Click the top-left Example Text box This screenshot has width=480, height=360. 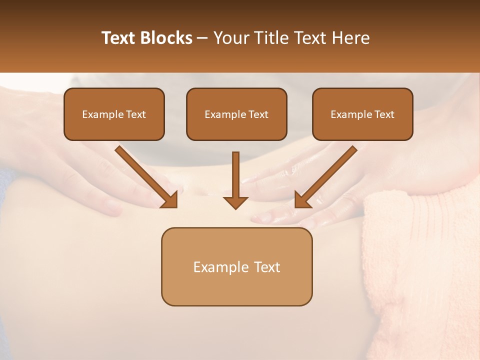tap(114, 114)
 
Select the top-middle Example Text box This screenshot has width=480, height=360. tap(236, 114)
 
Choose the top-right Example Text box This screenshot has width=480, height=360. tap(362, 114)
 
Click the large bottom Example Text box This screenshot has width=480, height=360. tap(236, 266)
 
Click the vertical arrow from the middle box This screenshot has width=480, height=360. tap(235, 175)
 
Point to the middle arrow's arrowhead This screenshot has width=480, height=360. tap(235, 202)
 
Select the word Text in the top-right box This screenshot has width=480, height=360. tap(384, 114)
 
